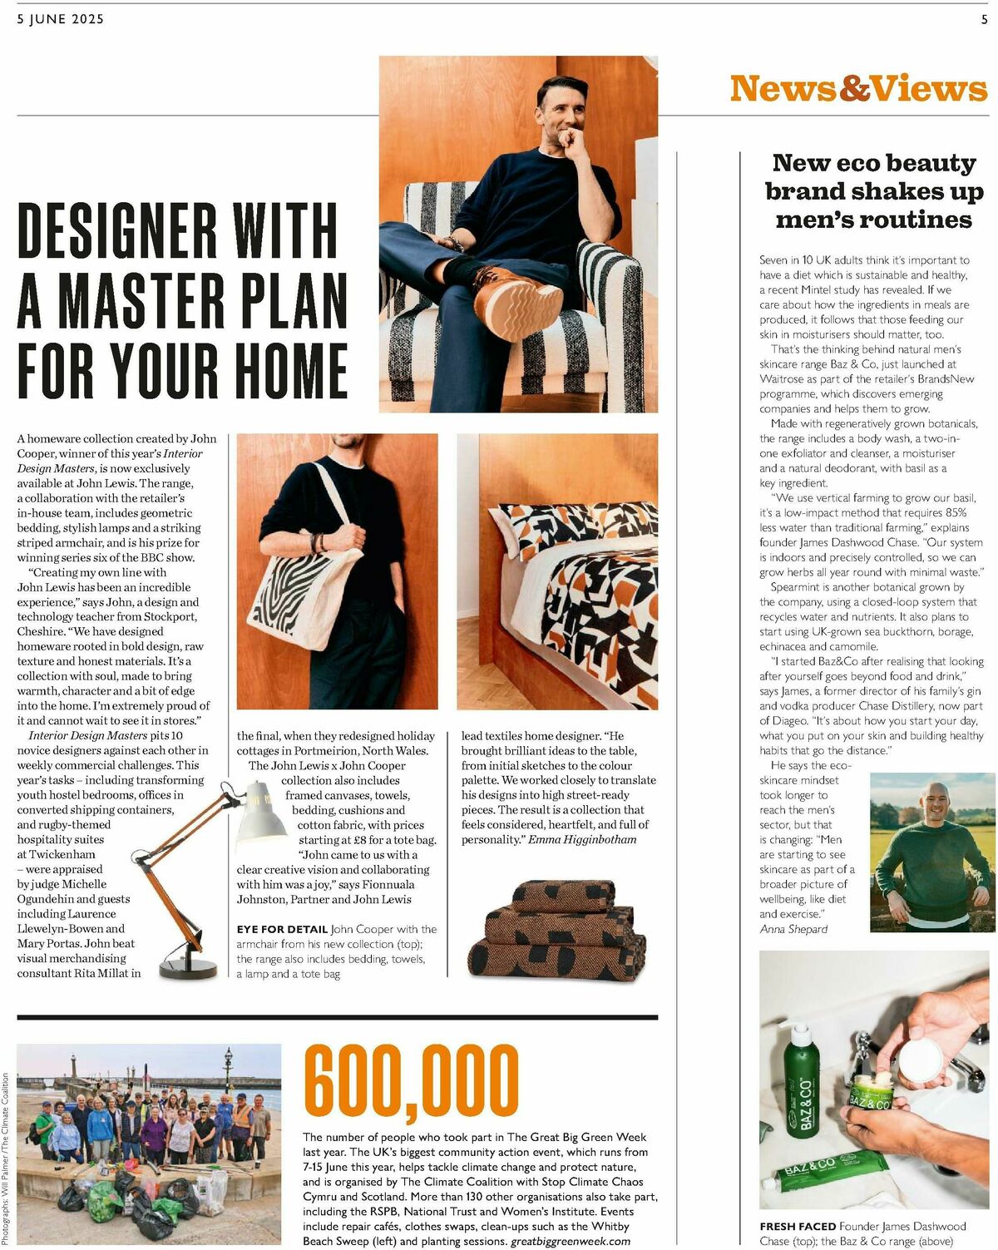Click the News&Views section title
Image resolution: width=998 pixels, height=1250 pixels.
pos(858,88)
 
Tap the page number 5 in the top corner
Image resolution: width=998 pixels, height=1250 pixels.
pos(984,19)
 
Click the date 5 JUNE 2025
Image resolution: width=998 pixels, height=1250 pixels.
pos(60,19)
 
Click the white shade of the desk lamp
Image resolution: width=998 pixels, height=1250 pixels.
pos(261,814)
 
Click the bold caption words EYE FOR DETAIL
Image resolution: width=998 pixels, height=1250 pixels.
pos(282,929)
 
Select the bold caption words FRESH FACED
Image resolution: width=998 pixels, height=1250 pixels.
pos(798,1226)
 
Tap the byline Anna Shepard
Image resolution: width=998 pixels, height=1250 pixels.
pos(793,929)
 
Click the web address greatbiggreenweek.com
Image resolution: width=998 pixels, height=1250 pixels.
pos(570,1241)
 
